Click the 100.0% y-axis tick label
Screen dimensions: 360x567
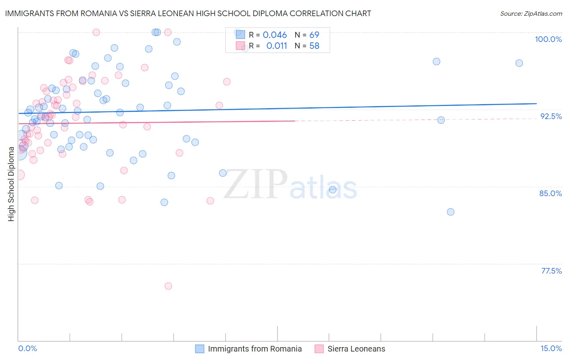point(548,39)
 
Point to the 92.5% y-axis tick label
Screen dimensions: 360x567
point(551,116)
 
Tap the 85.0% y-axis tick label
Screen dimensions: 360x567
point(550,193)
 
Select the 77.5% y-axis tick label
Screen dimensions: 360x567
point(551,271)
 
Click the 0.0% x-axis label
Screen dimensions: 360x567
point(27,349)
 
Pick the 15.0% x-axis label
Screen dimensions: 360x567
point(551,349)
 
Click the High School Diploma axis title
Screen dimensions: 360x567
point(11,184)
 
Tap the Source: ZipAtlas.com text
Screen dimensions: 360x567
point(531,14)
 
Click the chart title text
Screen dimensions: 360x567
point(188,14)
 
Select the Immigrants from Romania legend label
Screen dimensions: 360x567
point(254,349)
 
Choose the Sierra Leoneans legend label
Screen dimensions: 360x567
point(356,349)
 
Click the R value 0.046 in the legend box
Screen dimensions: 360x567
point(275,35)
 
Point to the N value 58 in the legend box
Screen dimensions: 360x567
point(314,46)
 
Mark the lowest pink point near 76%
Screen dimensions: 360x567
point(168,286)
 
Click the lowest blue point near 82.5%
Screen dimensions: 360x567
point(450,212)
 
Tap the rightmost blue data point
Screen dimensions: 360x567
point(519,63)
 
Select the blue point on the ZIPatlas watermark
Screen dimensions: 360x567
point(333,190)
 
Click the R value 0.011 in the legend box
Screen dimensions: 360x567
point(277,46)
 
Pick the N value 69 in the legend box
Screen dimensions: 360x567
point(314,35)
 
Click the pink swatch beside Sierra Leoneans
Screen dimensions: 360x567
point(319,349)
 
